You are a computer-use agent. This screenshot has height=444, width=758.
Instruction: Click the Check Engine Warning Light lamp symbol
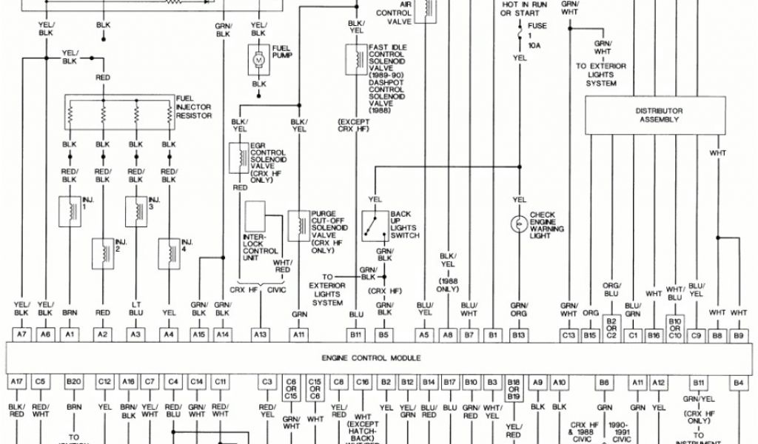point(519,223)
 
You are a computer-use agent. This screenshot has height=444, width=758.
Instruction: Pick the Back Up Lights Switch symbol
point(375,224)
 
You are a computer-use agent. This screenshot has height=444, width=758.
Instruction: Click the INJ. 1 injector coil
point(70,209)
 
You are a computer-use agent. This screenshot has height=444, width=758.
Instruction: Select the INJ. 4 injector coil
point(169,252)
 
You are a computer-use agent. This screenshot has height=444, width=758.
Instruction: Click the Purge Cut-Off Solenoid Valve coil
point(299,225)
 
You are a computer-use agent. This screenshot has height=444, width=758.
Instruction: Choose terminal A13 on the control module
point(260,334)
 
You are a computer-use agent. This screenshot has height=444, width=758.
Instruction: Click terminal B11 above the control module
point(357,334)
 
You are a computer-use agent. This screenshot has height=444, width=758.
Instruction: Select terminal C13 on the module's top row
point(568,334)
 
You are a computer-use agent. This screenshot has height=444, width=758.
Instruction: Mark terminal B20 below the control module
point(73,382)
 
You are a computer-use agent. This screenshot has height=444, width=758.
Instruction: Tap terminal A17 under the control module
point(18,382)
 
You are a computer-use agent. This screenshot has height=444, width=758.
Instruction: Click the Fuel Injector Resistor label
point(194,107)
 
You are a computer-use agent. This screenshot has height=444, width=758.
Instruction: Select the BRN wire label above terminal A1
point(70,313)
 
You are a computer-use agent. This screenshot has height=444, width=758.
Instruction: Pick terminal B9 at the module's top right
point(738,334)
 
